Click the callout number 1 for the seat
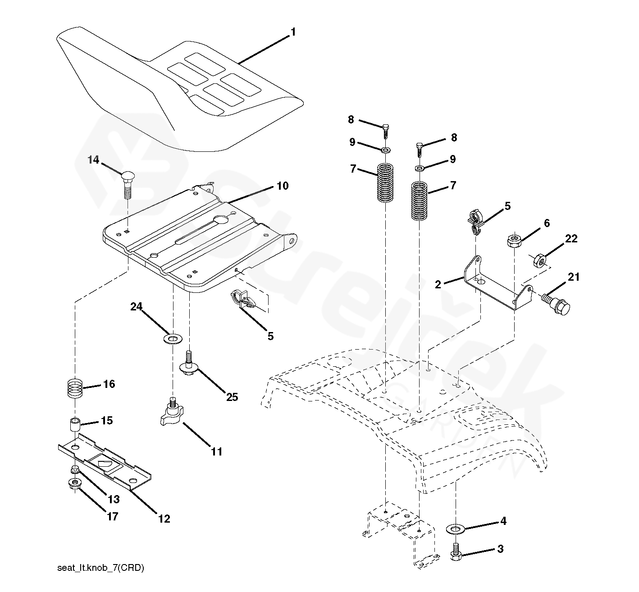[x=293, y=32]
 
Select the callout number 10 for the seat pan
[x=282, y=186]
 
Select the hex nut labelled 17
[x=73, y=484]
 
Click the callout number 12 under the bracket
[x=164, y=519]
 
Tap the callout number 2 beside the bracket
[x=438, y=285]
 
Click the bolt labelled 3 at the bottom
[x=455, y=552]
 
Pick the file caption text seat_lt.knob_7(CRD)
[x=100, y=568]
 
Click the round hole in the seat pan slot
[x=221, y=220]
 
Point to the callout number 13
[x=114, y=499]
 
